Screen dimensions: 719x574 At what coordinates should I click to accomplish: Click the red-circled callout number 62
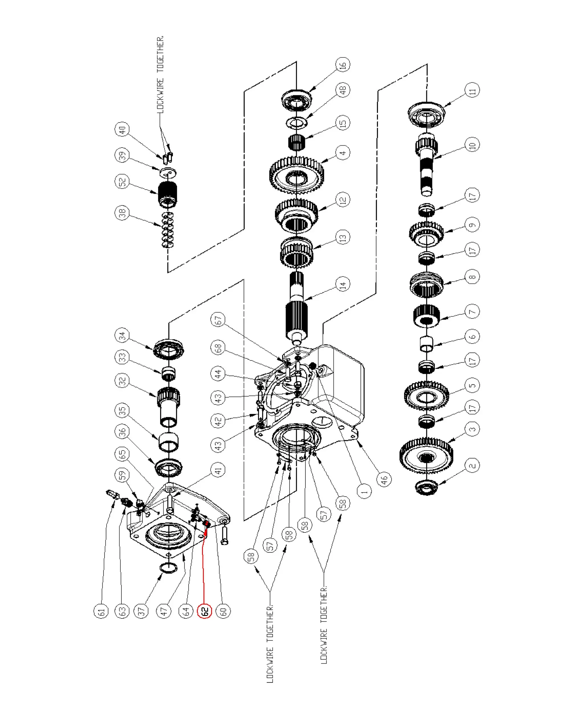point(205,611)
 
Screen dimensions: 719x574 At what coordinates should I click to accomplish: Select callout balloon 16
point(343,65)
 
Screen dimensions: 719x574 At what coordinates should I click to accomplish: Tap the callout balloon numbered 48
point(343,90)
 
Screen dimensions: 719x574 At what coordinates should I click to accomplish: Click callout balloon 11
point(472,90)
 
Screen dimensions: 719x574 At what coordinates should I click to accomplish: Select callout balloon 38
point(122,213)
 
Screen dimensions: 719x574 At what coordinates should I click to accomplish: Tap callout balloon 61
point(101,611)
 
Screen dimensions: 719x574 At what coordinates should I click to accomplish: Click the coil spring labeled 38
point(168,230)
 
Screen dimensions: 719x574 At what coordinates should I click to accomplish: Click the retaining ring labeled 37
point(168,568)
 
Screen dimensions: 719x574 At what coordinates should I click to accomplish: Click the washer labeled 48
point(297,122)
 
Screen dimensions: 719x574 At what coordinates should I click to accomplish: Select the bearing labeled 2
point(426,487)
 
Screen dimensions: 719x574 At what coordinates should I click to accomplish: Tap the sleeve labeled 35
point(168,442)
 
